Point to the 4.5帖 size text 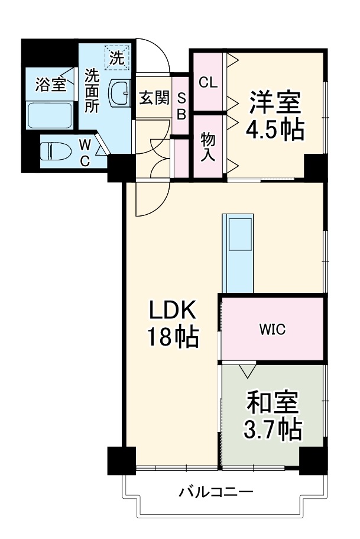pos(275,130)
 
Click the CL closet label pos(207,82)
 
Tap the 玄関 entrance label pos(154,98)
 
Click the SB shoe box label pos(181,106)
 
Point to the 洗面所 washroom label pos(92,91)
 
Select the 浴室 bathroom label pos(50,85)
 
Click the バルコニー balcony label pos(216,492)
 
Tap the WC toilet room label pos(85,152)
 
